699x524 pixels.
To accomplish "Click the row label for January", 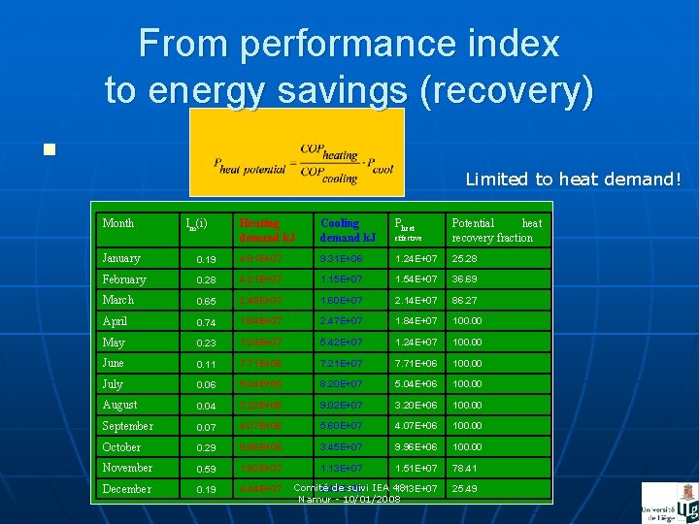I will [121, 258].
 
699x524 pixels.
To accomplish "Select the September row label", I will [127, 426].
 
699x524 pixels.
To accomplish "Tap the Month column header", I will [118, 223].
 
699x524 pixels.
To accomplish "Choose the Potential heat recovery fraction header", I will [496, 230].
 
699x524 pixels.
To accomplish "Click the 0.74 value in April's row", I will [205, 321].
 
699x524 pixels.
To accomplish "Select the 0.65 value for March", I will [205, 301].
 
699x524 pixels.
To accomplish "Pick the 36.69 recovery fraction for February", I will [465, 279].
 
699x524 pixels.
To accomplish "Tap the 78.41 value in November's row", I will [465, 469].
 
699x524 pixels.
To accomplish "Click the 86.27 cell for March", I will [465, 301].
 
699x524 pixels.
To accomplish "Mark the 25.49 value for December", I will [465, 489].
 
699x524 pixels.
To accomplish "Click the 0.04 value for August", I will [205, 406].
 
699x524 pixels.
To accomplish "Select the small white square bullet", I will [49, 149].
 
